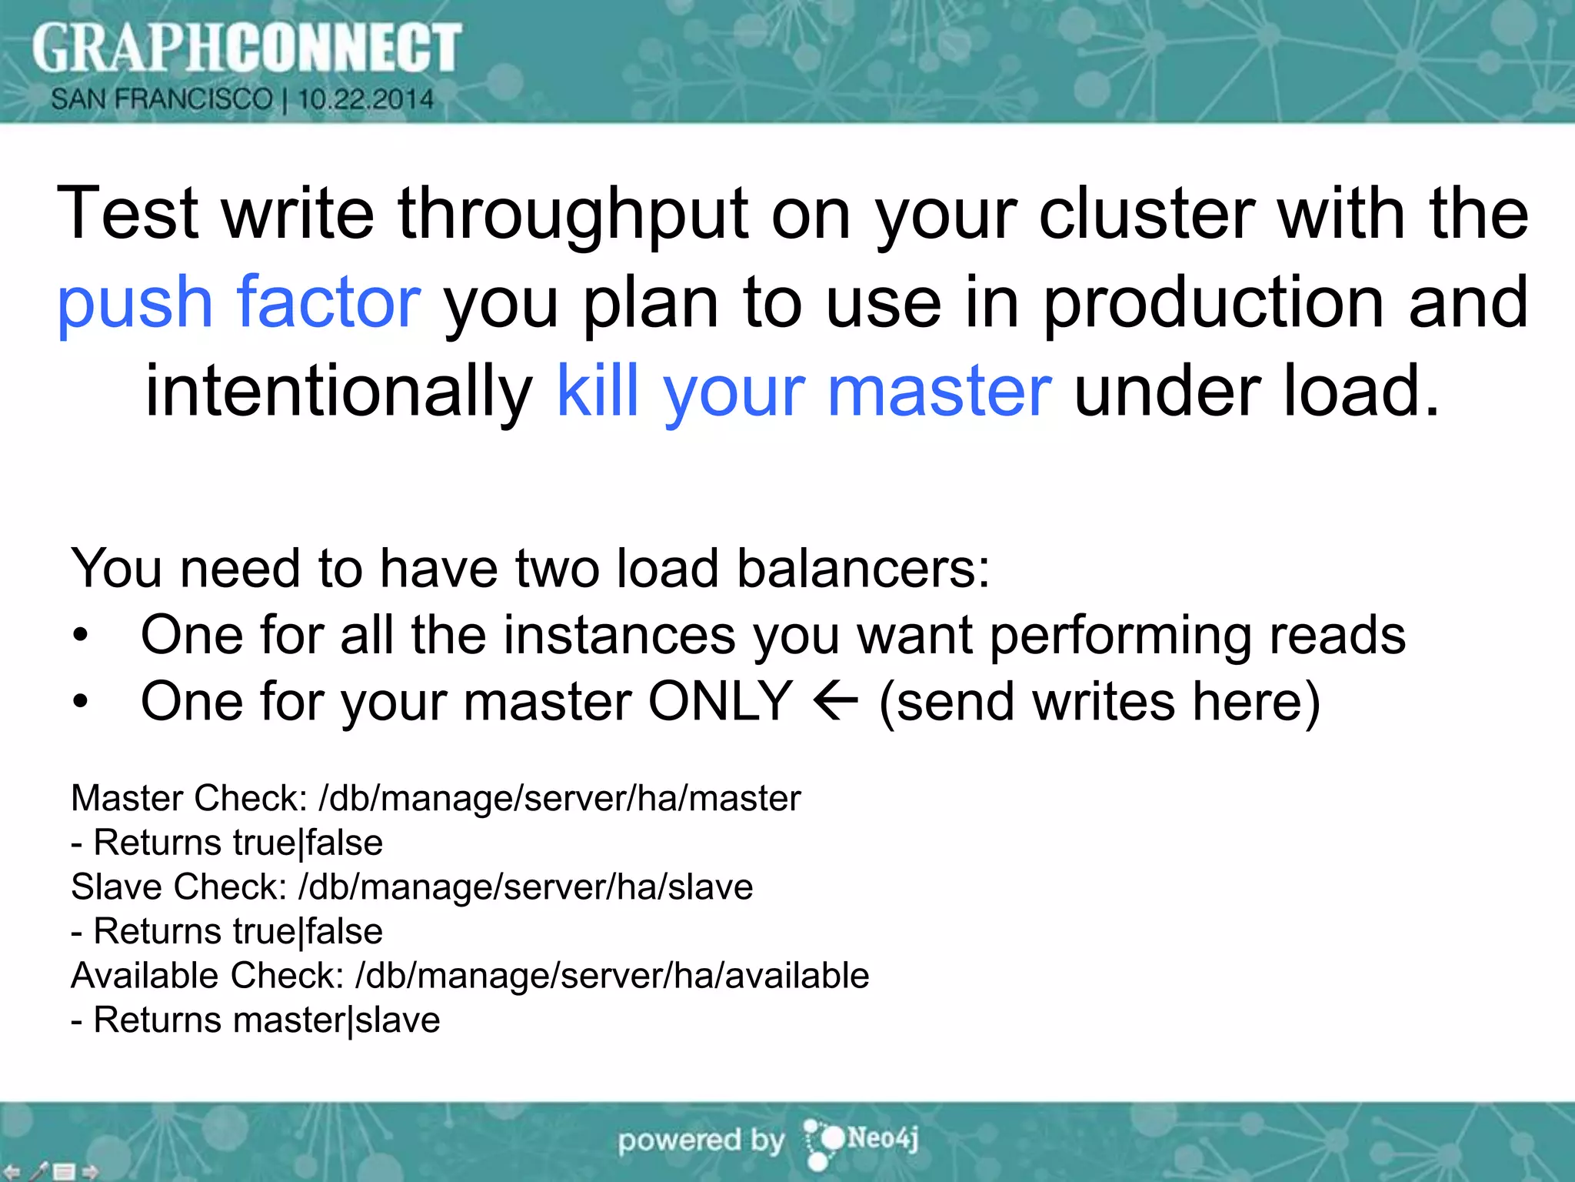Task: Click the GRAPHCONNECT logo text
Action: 246,48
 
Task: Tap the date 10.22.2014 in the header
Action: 366,99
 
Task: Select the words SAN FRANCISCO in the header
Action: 161,99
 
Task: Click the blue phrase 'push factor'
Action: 239,302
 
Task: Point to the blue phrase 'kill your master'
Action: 803,391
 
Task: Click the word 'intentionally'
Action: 338,391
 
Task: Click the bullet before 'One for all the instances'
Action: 81,636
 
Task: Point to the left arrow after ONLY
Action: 835,701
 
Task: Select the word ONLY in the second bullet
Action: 720,701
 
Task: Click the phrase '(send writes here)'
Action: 1100,701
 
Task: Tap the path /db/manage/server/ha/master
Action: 560,798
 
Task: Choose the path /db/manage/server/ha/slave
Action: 526,886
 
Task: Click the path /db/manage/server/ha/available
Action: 612,975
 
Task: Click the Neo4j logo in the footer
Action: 861,1140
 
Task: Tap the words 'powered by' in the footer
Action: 701,1140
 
